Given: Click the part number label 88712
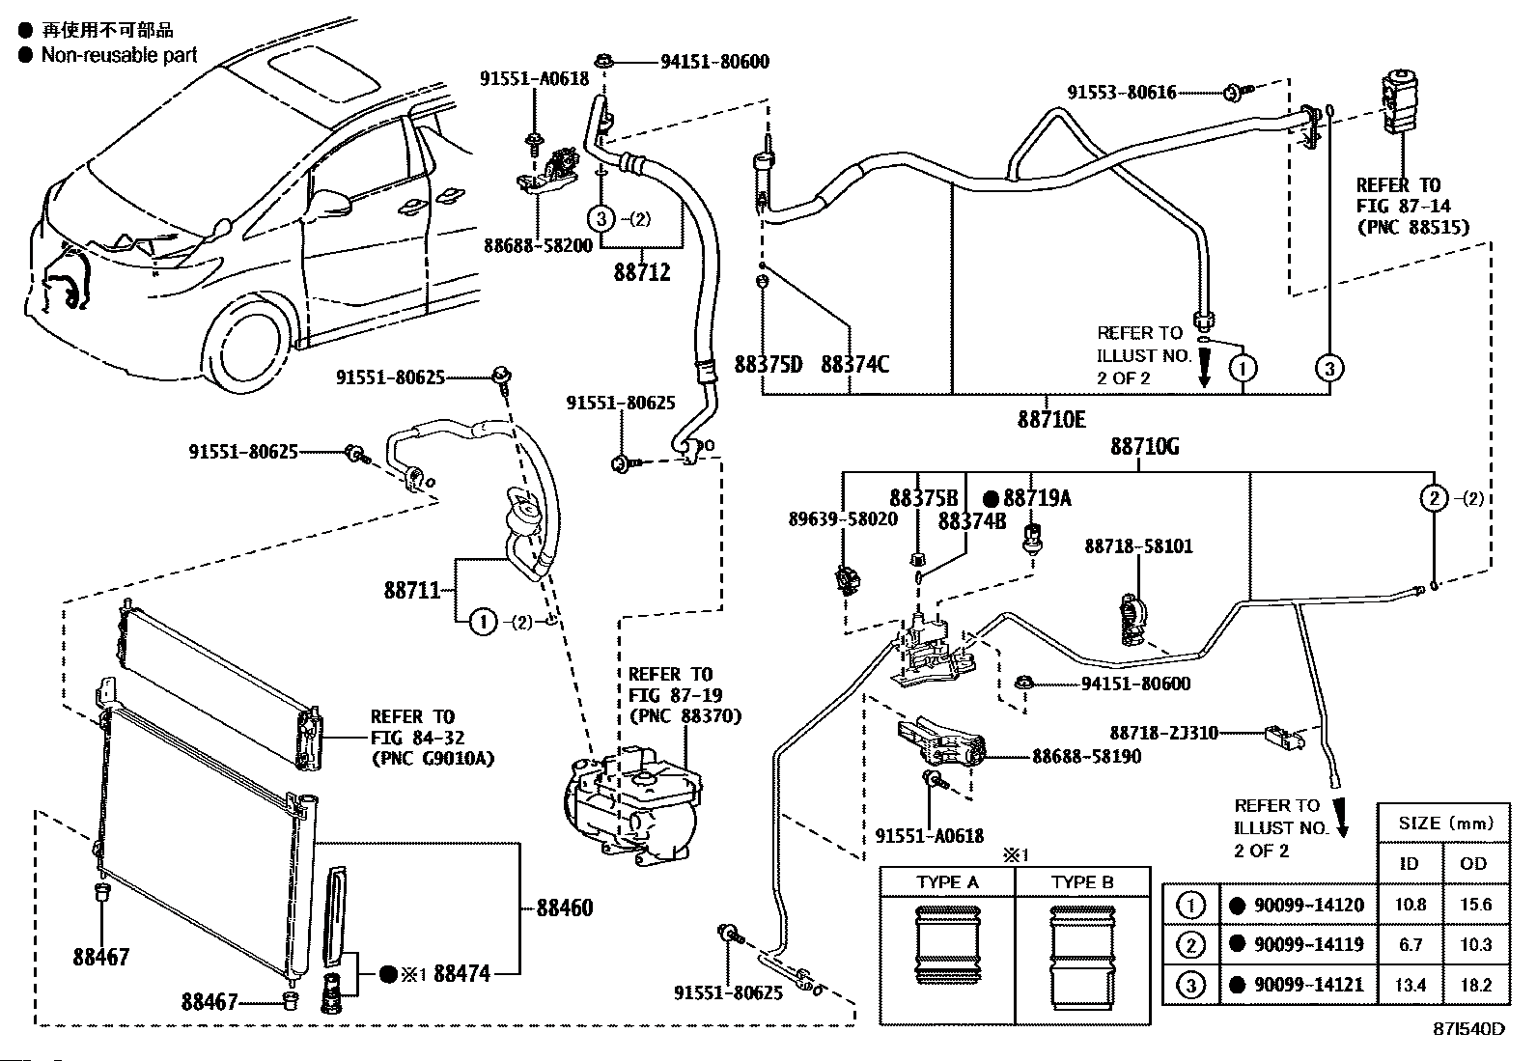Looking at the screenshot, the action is coord(642,272).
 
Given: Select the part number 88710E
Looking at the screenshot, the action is coord(1051,419).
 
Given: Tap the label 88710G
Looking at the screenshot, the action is coord(1144,447).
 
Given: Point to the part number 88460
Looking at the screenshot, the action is coord(564,907).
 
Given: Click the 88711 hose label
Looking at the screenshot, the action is coord(411,590).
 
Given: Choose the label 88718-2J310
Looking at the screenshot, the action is coord(1163,733).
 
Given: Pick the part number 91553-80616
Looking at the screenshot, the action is coord(1121,92).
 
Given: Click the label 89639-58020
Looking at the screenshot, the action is coord(843,518).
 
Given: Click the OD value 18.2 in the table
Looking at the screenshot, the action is coord(1476,985).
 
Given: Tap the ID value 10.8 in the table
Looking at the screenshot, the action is coord(1411,905).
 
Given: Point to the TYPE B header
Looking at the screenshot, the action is coord(1082,881).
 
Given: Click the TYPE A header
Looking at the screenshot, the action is coord(947,881).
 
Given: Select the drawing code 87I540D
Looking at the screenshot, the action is coord(1468,1047).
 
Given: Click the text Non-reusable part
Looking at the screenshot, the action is coord(120,55).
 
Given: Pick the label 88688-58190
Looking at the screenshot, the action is coord(1087,756).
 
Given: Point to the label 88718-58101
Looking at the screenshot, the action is coord(1138,546).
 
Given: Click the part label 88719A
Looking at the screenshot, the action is coord(1037,497).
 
